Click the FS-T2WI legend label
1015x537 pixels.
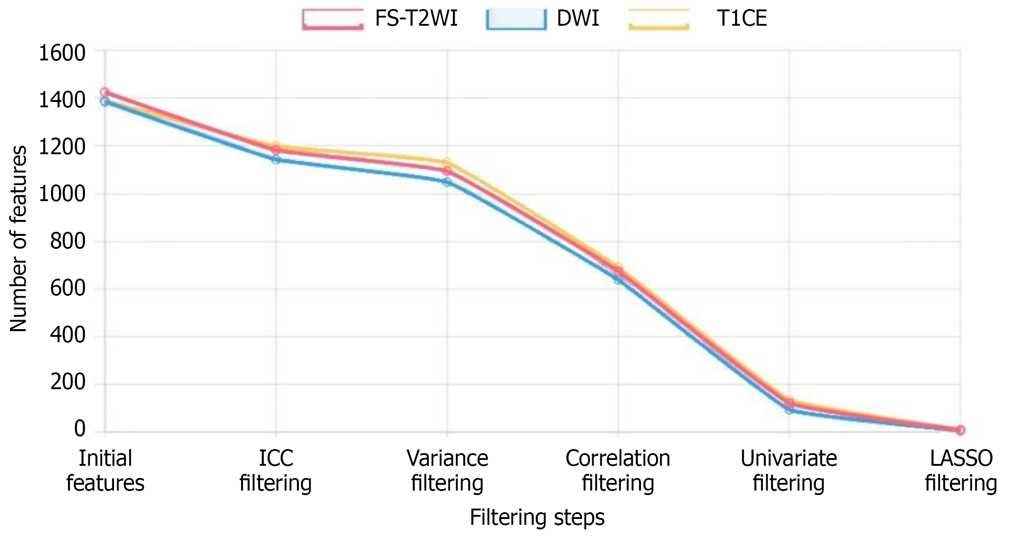(416, 19)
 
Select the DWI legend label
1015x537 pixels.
(578, 19)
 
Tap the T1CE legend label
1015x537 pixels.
(741, 19)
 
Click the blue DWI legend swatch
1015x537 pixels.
(516, 19)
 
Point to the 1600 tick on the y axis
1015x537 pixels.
(62, 53)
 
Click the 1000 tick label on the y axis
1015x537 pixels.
(62, 194)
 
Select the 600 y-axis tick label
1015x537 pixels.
(68, 288)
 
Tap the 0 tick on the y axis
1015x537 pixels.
(80, 429)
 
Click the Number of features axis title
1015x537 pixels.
(18, 239)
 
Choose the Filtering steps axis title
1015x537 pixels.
(537, 517)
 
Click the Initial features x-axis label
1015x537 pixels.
(105, 471)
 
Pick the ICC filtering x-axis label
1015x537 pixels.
(275, 471)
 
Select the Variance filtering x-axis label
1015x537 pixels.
(447, 471)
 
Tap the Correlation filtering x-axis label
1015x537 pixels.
(618, 471)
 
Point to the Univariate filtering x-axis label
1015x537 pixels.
(789, 471)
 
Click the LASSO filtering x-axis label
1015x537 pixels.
(960, 471)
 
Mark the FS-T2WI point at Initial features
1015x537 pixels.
(105, 92)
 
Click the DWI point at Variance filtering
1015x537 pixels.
(447, 182)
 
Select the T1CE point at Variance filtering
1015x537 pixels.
(447, 163)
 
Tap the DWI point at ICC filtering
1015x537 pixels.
(276, 160)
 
